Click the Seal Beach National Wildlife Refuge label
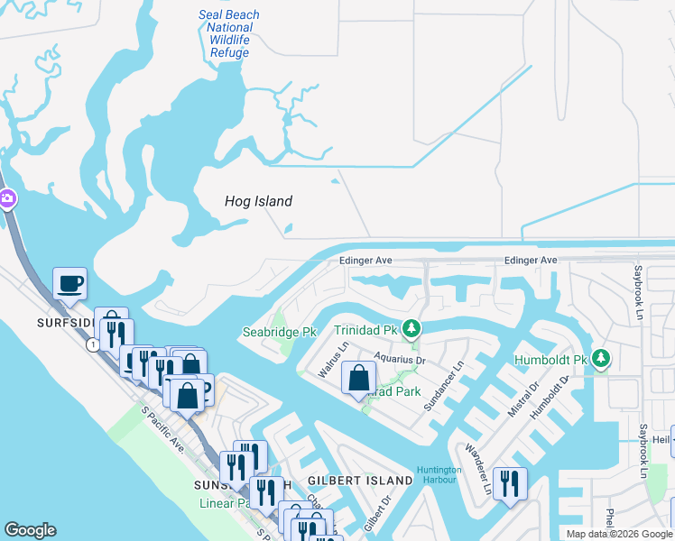(x=228, y=33)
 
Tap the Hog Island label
(x=258, y=201)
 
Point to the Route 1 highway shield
(x=92, y=344)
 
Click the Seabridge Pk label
(x=279, y=332)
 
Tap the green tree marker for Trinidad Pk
(x=411, y=329)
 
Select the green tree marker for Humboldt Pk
(x=601, y=360)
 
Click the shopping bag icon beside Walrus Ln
(x=359, y=379)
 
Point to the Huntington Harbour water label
(x=439, y=475)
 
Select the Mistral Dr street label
(x=522, y=399)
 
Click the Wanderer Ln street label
(x=477, y=468)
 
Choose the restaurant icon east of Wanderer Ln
(x=510, y=484)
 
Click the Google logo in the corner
(x=30, y=530)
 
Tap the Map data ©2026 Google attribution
(x=619, y=534)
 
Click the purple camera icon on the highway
(x=5, y=198)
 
